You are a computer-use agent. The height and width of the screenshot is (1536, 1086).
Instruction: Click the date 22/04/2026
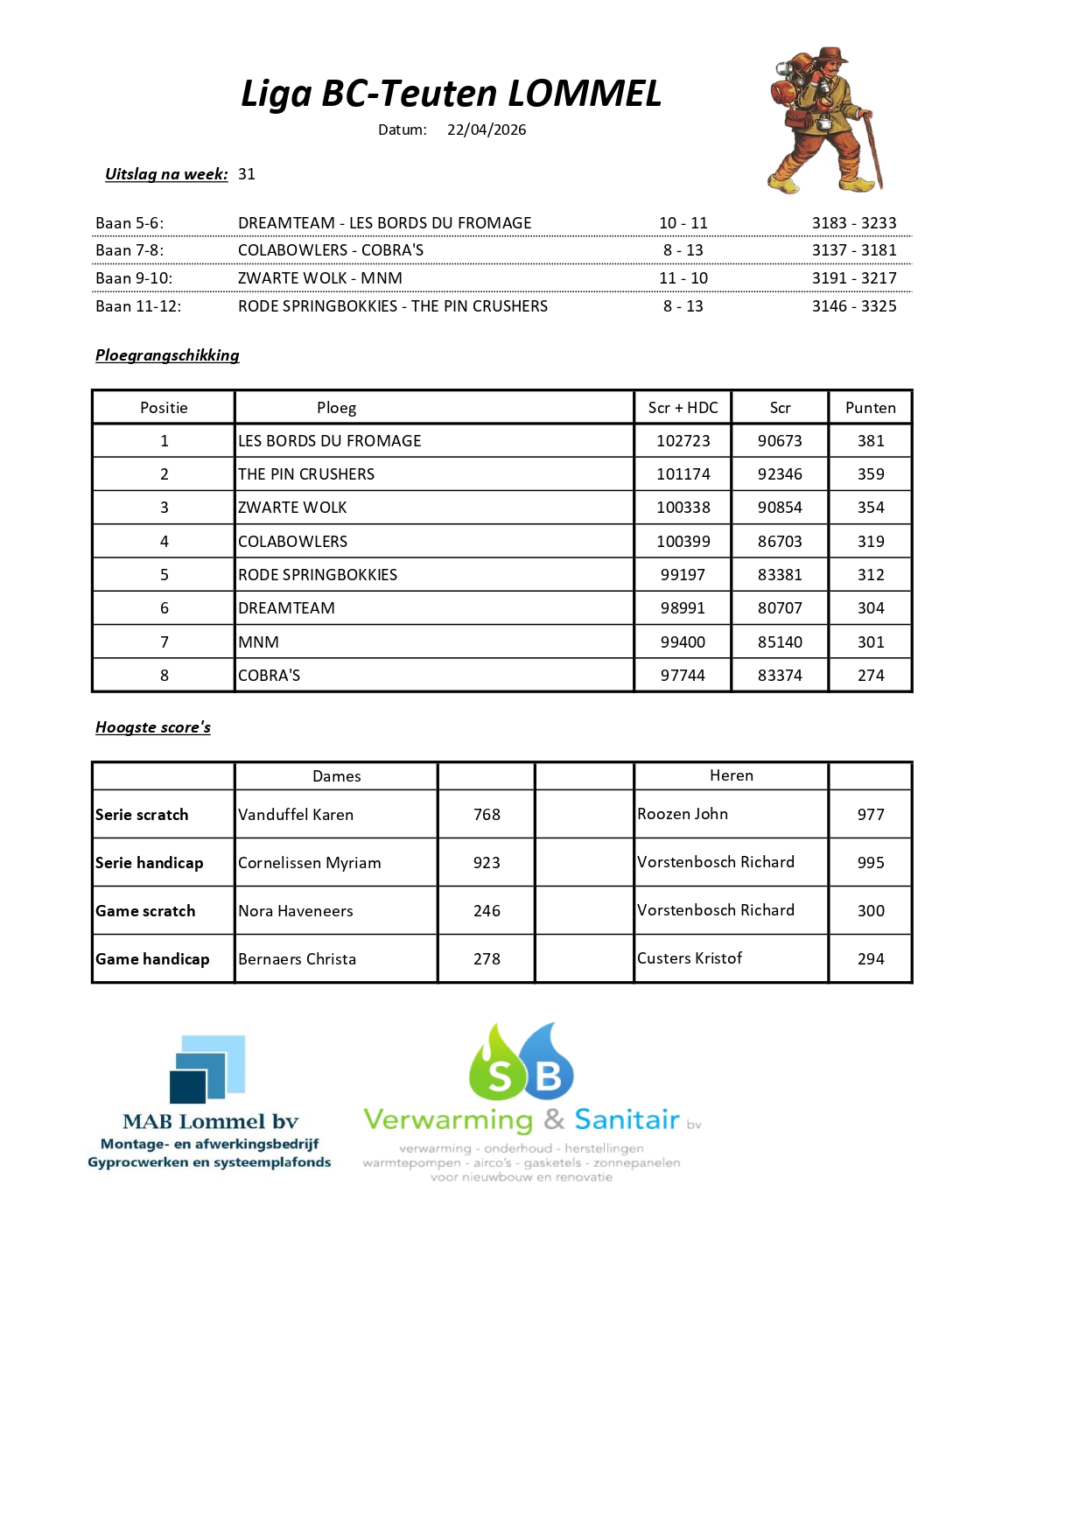point(487,130)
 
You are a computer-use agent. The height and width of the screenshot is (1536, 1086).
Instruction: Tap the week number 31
point(247,174)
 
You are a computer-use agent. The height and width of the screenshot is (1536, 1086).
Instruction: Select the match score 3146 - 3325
point(854,306)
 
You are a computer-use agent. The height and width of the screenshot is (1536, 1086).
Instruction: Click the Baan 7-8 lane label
point(130,250)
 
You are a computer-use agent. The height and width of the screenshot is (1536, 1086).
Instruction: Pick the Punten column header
point(870,408)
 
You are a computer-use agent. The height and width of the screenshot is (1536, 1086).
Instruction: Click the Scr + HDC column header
point(683,408)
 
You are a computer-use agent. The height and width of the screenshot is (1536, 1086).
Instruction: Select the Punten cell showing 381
point(870,441)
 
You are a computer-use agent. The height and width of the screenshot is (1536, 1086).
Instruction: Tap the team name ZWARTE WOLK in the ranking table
point(292,508)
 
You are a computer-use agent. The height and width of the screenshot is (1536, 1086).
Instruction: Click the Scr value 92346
point(780,474)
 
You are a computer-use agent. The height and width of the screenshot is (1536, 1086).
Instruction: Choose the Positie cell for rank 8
point(164,676)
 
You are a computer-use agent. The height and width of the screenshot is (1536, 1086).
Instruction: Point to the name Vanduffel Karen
point(296,815)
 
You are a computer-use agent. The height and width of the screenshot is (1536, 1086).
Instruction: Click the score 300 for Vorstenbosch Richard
point(870,911)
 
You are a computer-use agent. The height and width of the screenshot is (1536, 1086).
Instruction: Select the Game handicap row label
point(152,959)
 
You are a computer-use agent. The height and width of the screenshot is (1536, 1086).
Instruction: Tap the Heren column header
point(731,775)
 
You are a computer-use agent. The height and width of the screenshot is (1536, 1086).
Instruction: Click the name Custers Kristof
point(690,958)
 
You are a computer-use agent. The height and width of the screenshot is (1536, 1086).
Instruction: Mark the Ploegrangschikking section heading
point(167,355)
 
